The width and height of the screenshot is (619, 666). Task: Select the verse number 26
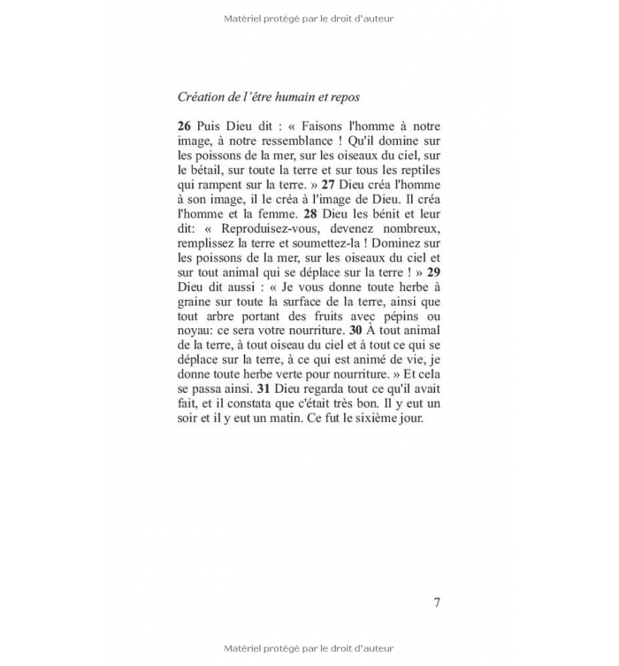185,127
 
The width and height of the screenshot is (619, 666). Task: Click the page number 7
436,602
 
